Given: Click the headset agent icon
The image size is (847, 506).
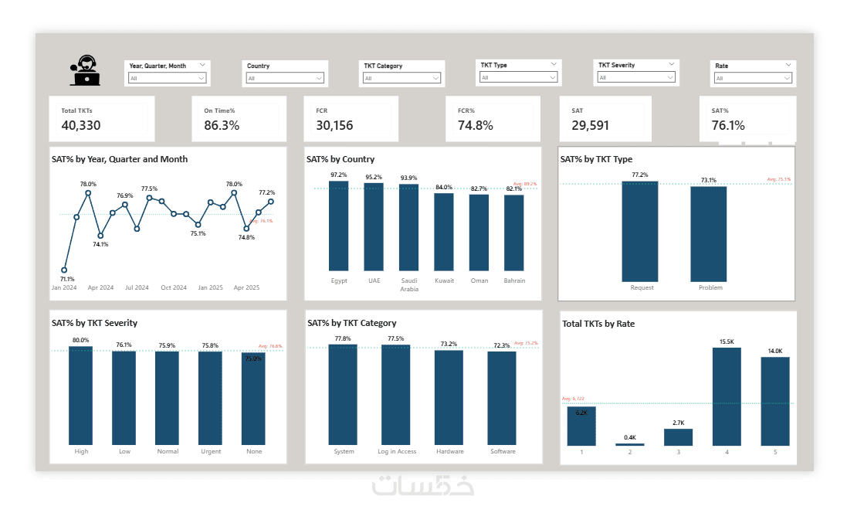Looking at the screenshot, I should pyautogui.click(x=85, y=70).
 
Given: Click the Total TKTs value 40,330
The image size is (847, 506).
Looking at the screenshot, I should pyautogui.click(x=81, y=125).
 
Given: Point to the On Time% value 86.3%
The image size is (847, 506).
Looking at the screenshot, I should pyautogui.click(x=222, y=125).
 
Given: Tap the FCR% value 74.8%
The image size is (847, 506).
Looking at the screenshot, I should pyautogui.click(x=475, y=125).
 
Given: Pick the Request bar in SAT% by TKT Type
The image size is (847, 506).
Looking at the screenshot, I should pyautogui.click(x=640, y=232).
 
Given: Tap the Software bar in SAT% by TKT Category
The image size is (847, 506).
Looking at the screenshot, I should pyautogui.click(x=502, y=398).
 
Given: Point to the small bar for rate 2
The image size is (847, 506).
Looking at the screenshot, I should pyautogui.click(x=630, y=444).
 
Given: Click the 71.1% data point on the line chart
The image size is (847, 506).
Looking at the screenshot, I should pyautogui.click(x=64, y=270).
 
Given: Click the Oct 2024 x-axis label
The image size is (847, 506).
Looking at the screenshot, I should pyautogui.click(x=174, y=287).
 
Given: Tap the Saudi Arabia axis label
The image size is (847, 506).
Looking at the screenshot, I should pyautogui.click(x=409, y=284).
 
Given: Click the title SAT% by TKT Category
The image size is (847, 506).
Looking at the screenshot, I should pyautogui.click(x=351, y=323).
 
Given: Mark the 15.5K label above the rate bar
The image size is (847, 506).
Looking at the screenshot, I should pyautogui.click(x=727, y=341).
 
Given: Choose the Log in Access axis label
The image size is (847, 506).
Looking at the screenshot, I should pyautogui.click(x=397, y=451).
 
